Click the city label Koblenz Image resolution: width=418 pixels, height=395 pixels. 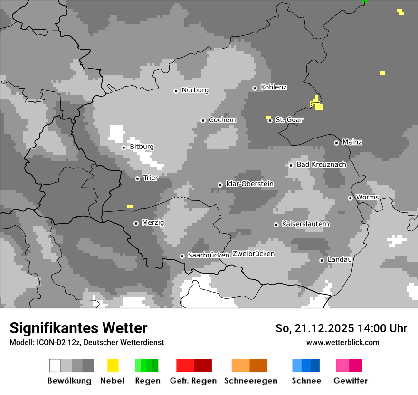coord(274,88)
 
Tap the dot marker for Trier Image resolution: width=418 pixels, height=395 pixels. coord(137,178)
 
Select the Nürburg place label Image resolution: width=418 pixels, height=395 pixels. coord(195,90)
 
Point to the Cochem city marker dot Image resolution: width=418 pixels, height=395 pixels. coord(203,120)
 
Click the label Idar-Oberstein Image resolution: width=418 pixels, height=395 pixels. coord(249,184)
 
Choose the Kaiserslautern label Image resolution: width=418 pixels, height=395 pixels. coord(305,224)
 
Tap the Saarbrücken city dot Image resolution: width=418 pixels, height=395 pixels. coord(182,256)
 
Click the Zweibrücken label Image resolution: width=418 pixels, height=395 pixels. coord(253,254)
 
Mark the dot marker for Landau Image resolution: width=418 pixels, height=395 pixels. coord(322,260)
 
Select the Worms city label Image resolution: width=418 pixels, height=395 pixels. coord(367,197)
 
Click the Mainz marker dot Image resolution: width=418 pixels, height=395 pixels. coord(336,143)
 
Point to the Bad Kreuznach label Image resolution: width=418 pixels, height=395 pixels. coord(321,164)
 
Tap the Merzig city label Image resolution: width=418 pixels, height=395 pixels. coord(152,222)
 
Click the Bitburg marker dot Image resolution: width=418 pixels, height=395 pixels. coord(123,148)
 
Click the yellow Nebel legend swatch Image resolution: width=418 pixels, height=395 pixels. coord(113,365)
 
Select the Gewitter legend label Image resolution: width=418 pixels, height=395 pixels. coord(350,381)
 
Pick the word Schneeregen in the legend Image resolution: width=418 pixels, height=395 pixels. coord(250,381)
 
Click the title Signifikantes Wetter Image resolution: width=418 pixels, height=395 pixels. coord(78,328)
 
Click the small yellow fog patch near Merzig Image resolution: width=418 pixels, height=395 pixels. coord(130,207)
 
